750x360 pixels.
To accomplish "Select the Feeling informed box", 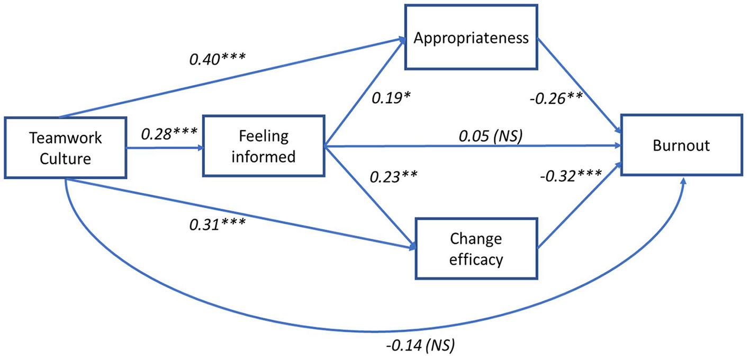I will [x=263, y=145].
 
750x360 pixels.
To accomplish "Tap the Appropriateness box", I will [x=472, y=38].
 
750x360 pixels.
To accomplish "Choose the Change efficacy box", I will [x=476, y=249].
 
